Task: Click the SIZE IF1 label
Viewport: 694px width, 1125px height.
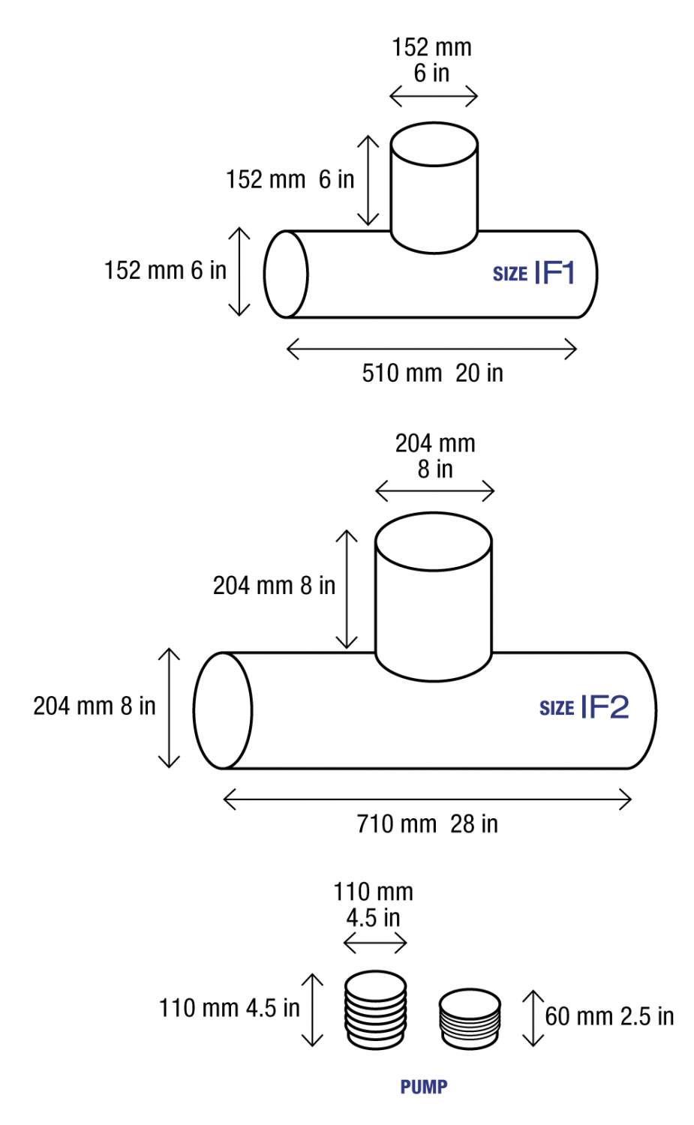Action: tap(533, 273)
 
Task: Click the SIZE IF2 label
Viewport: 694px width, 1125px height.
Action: tap(584, 707)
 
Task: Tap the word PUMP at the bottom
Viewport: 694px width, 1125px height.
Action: tap(424, 1087)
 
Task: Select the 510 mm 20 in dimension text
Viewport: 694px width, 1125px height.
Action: tap(432, 373)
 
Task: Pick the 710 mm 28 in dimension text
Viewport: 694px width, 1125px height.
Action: tap(427, 823)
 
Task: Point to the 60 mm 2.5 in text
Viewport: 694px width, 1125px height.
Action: tap(609, 1016)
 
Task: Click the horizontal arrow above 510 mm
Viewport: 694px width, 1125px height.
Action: tap(431, 349)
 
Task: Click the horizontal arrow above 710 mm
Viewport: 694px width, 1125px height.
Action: tap(427, 799)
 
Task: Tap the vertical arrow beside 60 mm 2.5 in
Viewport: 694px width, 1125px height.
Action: tap(533, 1018)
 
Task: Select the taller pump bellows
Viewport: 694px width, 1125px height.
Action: tap(376, 1010)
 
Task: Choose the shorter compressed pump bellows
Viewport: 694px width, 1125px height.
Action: tap(470, 1018)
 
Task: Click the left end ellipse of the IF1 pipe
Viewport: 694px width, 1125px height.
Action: tap(286, 274)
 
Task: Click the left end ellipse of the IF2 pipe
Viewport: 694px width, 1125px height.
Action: tap(223, 710)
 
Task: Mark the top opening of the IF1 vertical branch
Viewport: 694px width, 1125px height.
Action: tap(434, 144)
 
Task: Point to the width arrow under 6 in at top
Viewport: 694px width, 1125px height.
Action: tap(434, 96)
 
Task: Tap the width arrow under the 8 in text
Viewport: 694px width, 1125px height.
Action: tap(434, 492)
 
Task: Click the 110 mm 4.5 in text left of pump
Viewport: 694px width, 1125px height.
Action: tap(229, 1008)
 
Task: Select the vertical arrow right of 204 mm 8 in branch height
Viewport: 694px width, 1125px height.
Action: tap(347, 589)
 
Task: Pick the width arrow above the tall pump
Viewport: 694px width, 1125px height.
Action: tap(375, 943)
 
